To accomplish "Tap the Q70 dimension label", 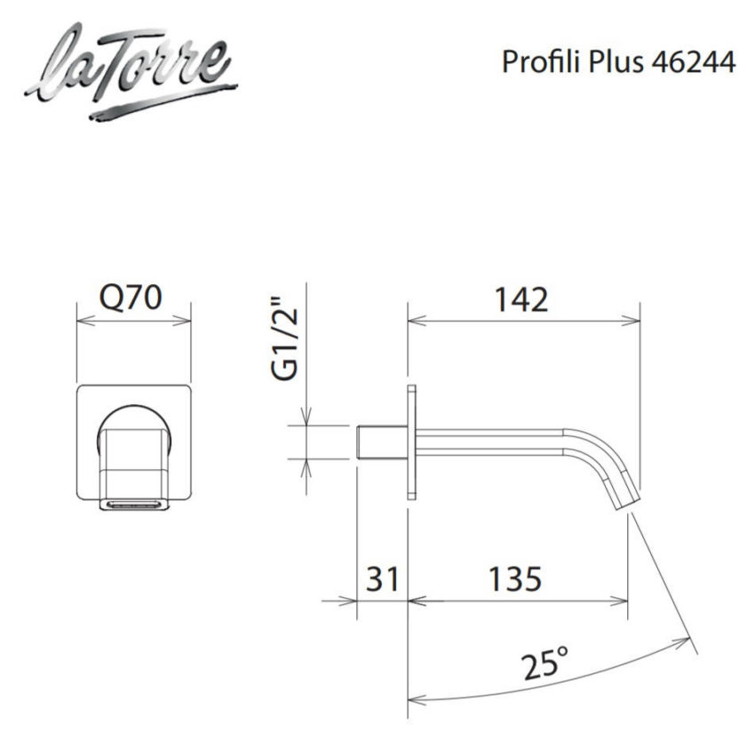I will pos(132,298).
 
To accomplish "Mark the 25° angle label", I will pos(546,661).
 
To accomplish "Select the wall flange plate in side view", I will pos(411,441).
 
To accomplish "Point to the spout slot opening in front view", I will pos(133,505).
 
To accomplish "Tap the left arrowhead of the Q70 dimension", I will pos(82,321).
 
